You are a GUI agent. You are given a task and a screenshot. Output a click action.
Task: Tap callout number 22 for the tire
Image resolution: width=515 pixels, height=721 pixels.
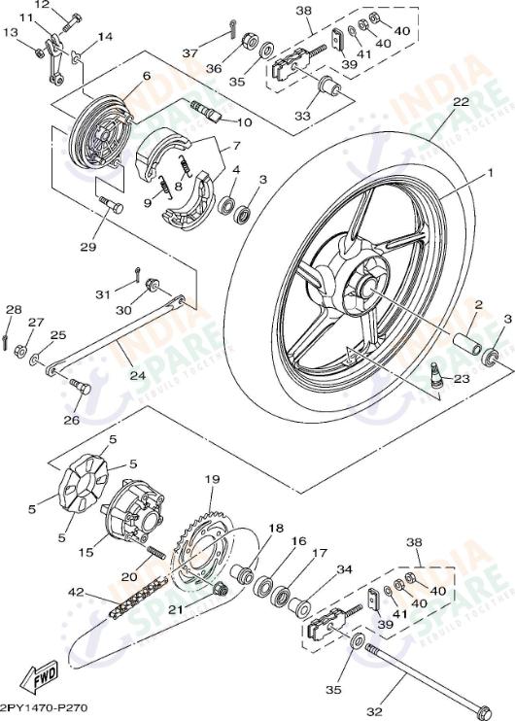pyautogui.click(x=460, y=102)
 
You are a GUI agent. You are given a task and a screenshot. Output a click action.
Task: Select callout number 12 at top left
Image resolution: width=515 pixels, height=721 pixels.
pyautogui.click(x=42, y=6)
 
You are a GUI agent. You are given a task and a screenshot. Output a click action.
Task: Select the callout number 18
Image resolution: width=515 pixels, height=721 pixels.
pyautogui.click(x=276, y=529)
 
